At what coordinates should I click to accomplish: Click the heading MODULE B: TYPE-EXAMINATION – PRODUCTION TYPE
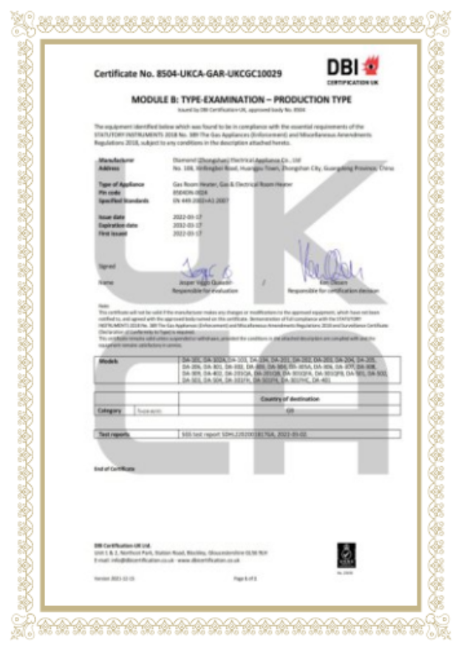tap(241, 99)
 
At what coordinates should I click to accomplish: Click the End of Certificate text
tap(115, 469)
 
